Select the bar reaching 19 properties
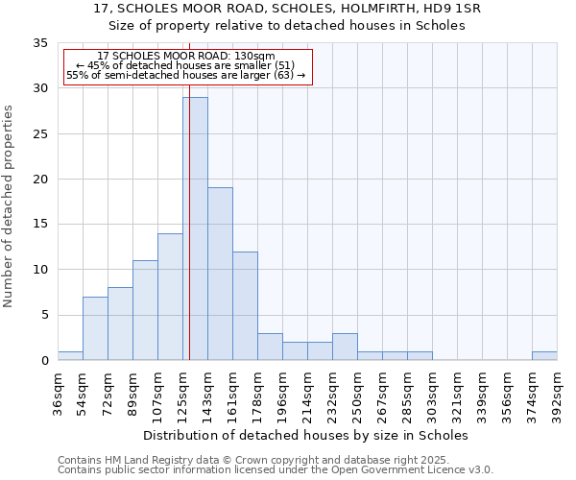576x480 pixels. point(220,274)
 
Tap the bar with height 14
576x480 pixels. point(170,297)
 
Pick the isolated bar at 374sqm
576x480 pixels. point(544,356)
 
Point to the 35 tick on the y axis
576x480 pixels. point(39,43)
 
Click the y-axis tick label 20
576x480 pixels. point(39,180)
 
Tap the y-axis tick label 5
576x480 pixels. point(43,316)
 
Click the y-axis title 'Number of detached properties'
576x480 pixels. point(10,205)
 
